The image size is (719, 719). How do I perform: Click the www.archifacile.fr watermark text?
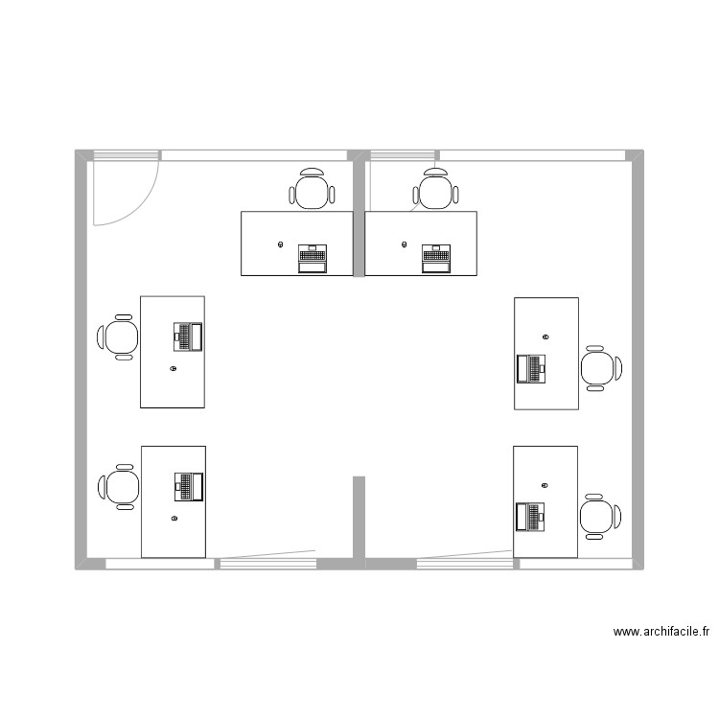(661, 632)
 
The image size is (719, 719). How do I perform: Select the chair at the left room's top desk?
(313, 190)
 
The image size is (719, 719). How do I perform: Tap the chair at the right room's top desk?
(435, 190)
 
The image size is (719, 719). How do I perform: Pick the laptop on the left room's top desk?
(313, 259)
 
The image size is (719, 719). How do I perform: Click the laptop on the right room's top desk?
(435, 259)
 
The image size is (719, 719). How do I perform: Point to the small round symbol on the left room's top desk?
(280, 244)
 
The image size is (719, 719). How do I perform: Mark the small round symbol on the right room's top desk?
(402, 244)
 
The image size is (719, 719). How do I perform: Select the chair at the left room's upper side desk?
(120, 336)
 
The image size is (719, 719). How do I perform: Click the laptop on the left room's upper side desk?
(188, 336)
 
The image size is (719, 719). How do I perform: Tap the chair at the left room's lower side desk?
(120, 486)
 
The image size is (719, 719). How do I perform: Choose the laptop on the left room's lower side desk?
(188, 486)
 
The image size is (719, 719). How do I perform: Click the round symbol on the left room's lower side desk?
(174, 519)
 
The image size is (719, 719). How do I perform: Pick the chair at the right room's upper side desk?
(599, 368)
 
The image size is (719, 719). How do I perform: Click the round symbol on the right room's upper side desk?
(545, 336)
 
